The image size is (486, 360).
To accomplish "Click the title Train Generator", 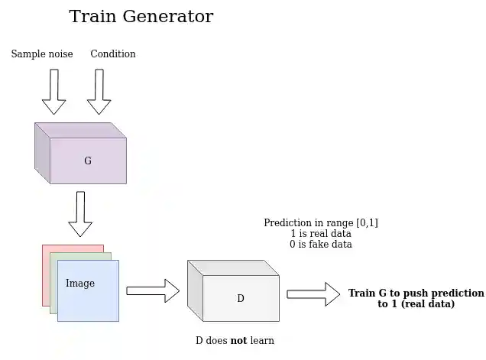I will point(141,17).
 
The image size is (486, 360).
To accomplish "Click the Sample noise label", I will point(42,54).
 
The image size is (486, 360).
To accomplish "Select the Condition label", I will point(113,54).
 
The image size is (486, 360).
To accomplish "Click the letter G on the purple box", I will point(88,161).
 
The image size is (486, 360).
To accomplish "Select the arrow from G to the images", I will point(80,213).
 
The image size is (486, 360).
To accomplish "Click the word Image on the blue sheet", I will point(80,284).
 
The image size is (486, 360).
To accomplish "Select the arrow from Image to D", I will point(152,290).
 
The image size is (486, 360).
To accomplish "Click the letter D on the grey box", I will point(240,299).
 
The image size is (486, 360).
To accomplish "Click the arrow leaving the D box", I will point(313,294).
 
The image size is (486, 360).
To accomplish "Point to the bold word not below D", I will point(238,341).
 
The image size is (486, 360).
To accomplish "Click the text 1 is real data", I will point(321,234).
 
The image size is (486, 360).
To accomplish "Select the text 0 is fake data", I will point(321,245).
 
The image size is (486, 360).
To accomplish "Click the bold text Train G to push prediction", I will point(416,294).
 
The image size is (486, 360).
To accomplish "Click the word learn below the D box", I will point(262,341).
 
